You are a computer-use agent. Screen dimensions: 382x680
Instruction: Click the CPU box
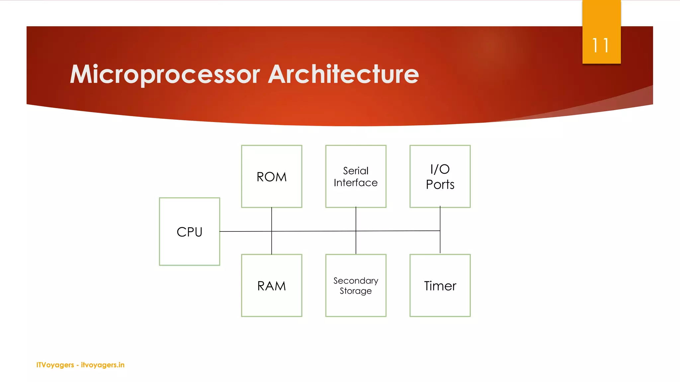(x=189, y=231)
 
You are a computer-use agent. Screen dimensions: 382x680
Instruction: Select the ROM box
(x=271, y=176)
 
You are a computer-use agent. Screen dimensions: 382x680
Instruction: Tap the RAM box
(x=271, y=286)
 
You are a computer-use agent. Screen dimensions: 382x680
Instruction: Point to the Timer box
(x=440, y=286)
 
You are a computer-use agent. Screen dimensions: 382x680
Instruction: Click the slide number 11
(x=601, y=45)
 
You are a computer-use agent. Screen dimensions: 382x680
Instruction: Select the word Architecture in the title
(x=343, y=74)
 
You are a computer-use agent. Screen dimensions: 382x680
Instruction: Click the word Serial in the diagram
(x=356, y=171)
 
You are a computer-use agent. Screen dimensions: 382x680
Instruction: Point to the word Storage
(x=356, y=291)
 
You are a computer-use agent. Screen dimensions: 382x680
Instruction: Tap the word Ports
(x=440, y=185)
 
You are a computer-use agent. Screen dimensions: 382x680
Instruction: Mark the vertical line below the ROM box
(x=272, y=219)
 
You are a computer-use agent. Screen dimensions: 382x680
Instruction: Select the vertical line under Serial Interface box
(x=356, y=219)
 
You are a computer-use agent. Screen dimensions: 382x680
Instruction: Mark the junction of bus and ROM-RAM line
(x=272, y=231)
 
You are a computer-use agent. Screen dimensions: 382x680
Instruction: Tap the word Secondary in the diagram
(x=356, y=281)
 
